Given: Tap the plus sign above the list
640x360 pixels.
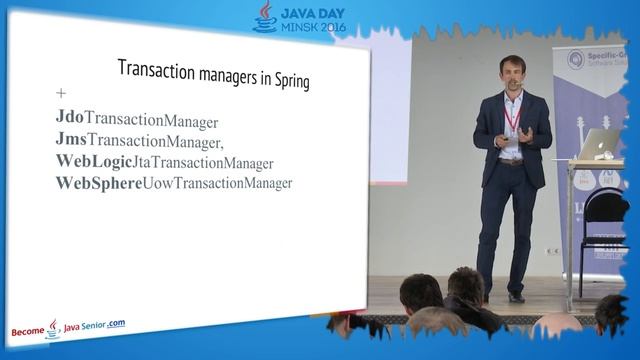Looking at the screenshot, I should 62,94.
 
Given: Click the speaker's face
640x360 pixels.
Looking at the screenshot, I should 511,75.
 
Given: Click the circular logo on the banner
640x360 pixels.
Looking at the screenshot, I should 574,61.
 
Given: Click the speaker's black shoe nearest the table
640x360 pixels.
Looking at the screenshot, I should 516,297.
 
